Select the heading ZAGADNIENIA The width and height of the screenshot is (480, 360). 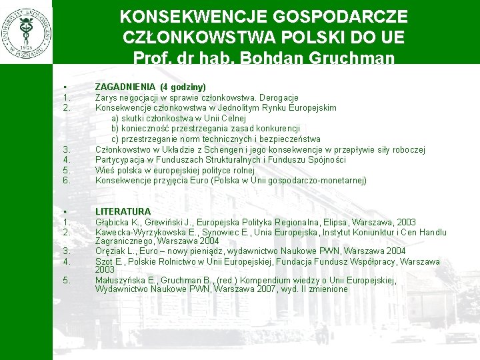pos(125,87)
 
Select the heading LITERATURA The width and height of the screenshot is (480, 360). pos(123,211)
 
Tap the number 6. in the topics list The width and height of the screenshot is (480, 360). pos(66,180)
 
